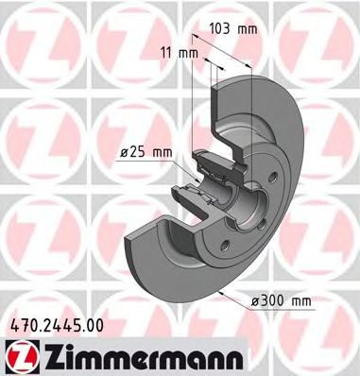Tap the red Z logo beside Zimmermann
tap(21, 356)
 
